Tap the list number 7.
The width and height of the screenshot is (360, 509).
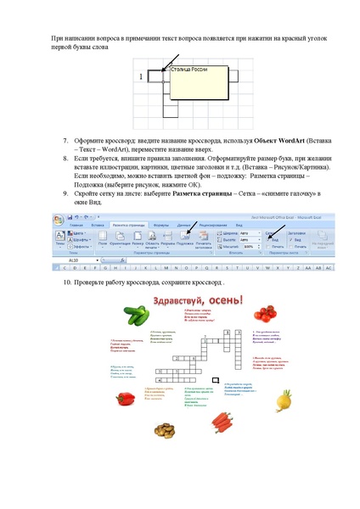[66, 139]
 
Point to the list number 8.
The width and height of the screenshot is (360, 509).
[66, 158]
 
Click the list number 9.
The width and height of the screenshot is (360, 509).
[66, 194]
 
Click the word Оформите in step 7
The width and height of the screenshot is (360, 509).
[91, 139]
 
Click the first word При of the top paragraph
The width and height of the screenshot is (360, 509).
[58, 39]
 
